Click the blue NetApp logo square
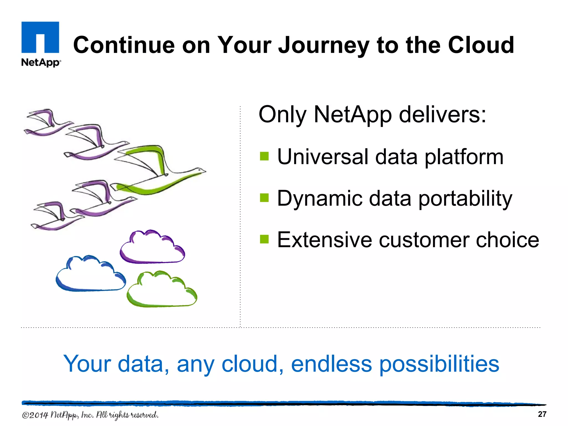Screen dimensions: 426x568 (x=40, y=37)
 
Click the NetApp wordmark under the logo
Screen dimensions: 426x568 (x=41, y=62)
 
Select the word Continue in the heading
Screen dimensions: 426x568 (x=124, y=45)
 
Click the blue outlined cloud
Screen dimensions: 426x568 (x=90, y=275)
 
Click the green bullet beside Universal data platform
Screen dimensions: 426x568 (x=264, y=156)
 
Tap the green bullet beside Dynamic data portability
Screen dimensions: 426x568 (x=264, y=198)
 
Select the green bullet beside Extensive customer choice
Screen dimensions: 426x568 (x=264, y=239)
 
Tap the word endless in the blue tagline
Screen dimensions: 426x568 (x=331, y=364)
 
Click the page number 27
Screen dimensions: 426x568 (x=542, y=414)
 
